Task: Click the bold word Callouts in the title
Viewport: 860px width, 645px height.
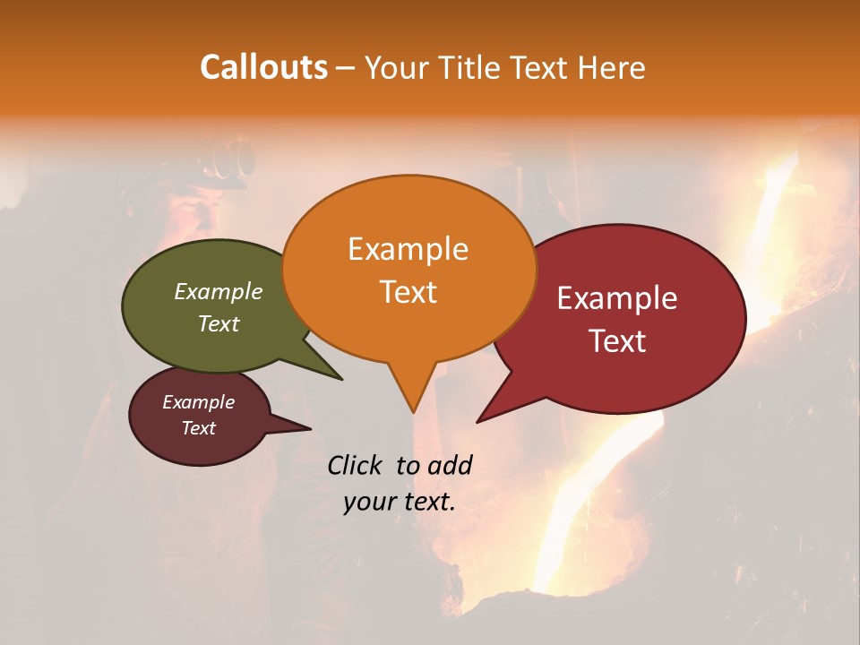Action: coord(263,67)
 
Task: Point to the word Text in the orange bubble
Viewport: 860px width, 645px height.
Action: coord(408,292)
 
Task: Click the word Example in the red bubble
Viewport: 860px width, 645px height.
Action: coord(617,298)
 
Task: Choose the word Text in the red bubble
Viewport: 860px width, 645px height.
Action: coord(617,341)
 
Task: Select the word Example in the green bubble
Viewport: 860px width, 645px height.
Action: coord(219,291)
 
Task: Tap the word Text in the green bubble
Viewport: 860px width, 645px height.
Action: coord(219,323)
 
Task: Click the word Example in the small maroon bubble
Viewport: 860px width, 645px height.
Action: coord(199,402)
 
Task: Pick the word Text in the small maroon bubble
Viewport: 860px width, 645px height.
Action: coord(199,428)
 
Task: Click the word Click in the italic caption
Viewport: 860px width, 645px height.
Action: coord(357,465)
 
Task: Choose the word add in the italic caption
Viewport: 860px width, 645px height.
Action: coord(450,465)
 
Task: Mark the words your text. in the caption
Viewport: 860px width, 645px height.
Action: coord(400,502)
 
